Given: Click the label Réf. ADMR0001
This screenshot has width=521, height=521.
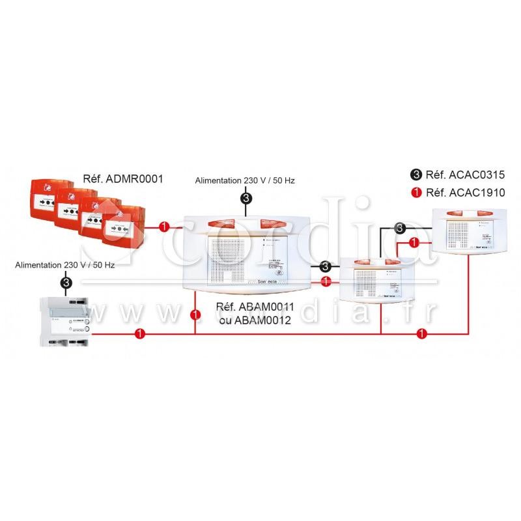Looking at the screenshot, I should (123, 178).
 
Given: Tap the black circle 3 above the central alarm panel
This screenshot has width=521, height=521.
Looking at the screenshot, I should (246, 197).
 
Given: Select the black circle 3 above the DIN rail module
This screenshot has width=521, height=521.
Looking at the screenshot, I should (66, 282).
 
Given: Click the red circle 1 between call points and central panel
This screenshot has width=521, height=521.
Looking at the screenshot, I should (164, 227).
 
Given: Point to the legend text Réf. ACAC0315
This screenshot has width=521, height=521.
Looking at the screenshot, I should (455, 174).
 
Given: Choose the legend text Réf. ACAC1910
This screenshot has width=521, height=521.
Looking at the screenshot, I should (455, 192).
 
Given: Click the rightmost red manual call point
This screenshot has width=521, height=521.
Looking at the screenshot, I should (124, 225).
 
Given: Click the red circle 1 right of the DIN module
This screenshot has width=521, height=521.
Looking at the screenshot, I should (138, 334).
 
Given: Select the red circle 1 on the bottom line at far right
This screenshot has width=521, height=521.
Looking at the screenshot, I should (422, 334).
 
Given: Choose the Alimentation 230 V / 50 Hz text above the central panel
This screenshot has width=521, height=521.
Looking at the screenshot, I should (245, 180).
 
